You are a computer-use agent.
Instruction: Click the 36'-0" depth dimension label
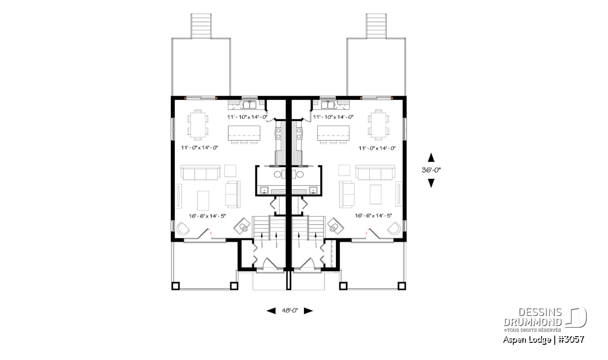pos(431,170)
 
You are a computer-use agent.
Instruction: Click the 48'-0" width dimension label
pos(290,310)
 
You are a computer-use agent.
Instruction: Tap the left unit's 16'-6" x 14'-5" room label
pos(208,216)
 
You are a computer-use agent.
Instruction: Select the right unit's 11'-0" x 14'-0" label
pos(377,148)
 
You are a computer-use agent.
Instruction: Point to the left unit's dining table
pos(198,125)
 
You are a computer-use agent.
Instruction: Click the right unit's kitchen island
pos(333,133)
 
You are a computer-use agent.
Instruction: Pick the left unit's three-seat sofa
pos(200,173)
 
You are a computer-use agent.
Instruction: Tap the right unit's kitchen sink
pos(328,104)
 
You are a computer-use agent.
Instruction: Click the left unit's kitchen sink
pos(249,104)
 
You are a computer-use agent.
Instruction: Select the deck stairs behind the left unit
pos(201,26)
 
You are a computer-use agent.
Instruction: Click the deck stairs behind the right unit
pos(376,26)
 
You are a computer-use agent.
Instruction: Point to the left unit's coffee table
pos(203,201)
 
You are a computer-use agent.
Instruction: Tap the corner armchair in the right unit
pos(394,228)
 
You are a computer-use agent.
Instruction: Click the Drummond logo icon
pos(576,317)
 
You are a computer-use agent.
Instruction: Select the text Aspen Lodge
pos(527,340)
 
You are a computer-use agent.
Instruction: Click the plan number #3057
pos(571,339)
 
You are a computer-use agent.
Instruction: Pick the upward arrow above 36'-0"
pos(431,157)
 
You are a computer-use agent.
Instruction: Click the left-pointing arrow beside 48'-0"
pos(271,311)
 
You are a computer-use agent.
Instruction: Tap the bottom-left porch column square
pos(175,286)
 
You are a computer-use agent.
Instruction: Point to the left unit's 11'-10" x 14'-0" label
pos(247,117)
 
